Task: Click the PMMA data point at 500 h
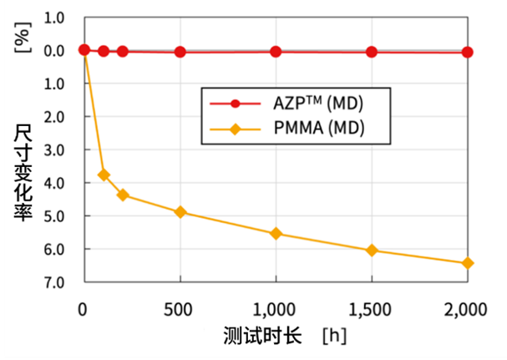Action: tap(180, 212)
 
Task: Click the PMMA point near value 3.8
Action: tap(104, 175)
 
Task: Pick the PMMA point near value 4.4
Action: tap(123, 195)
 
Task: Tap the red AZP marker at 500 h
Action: tap(180, 52)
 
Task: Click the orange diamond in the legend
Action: tap(236, 129)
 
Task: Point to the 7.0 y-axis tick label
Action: tap(53, 281)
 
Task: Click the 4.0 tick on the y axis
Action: tap(53, 182)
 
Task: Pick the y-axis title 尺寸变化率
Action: tap(24, 171)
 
